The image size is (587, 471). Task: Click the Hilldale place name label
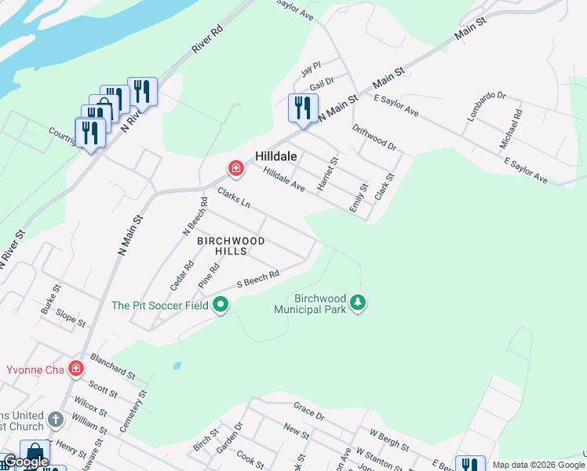[x=275, y=156]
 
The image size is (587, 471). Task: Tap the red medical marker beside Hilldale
[x=235, y=168]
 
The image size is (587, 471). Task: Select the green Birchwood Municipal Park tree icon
[x=358, y=302]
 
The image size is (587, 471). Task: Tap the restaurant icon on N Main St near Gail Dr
[x=303, y=108]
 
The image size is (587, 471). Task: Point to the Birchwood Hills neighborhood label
[x=231, y=246]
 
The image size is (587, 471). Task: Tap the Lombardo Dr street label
[x=487, y=106]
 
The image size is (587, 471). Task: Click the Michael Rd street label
[x=511, y=130]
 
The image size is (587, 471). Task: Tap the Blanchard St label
[x=114, y=364]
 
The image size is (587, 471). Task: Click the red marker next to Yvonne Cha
[x=76, y=368]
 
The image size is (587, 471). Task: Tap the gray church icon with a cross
[x=56, y=419]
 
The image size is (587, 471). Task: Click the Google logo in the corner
[x=26, y=462]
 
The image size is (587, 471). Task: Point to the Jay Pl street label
[x=312, y=71]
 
